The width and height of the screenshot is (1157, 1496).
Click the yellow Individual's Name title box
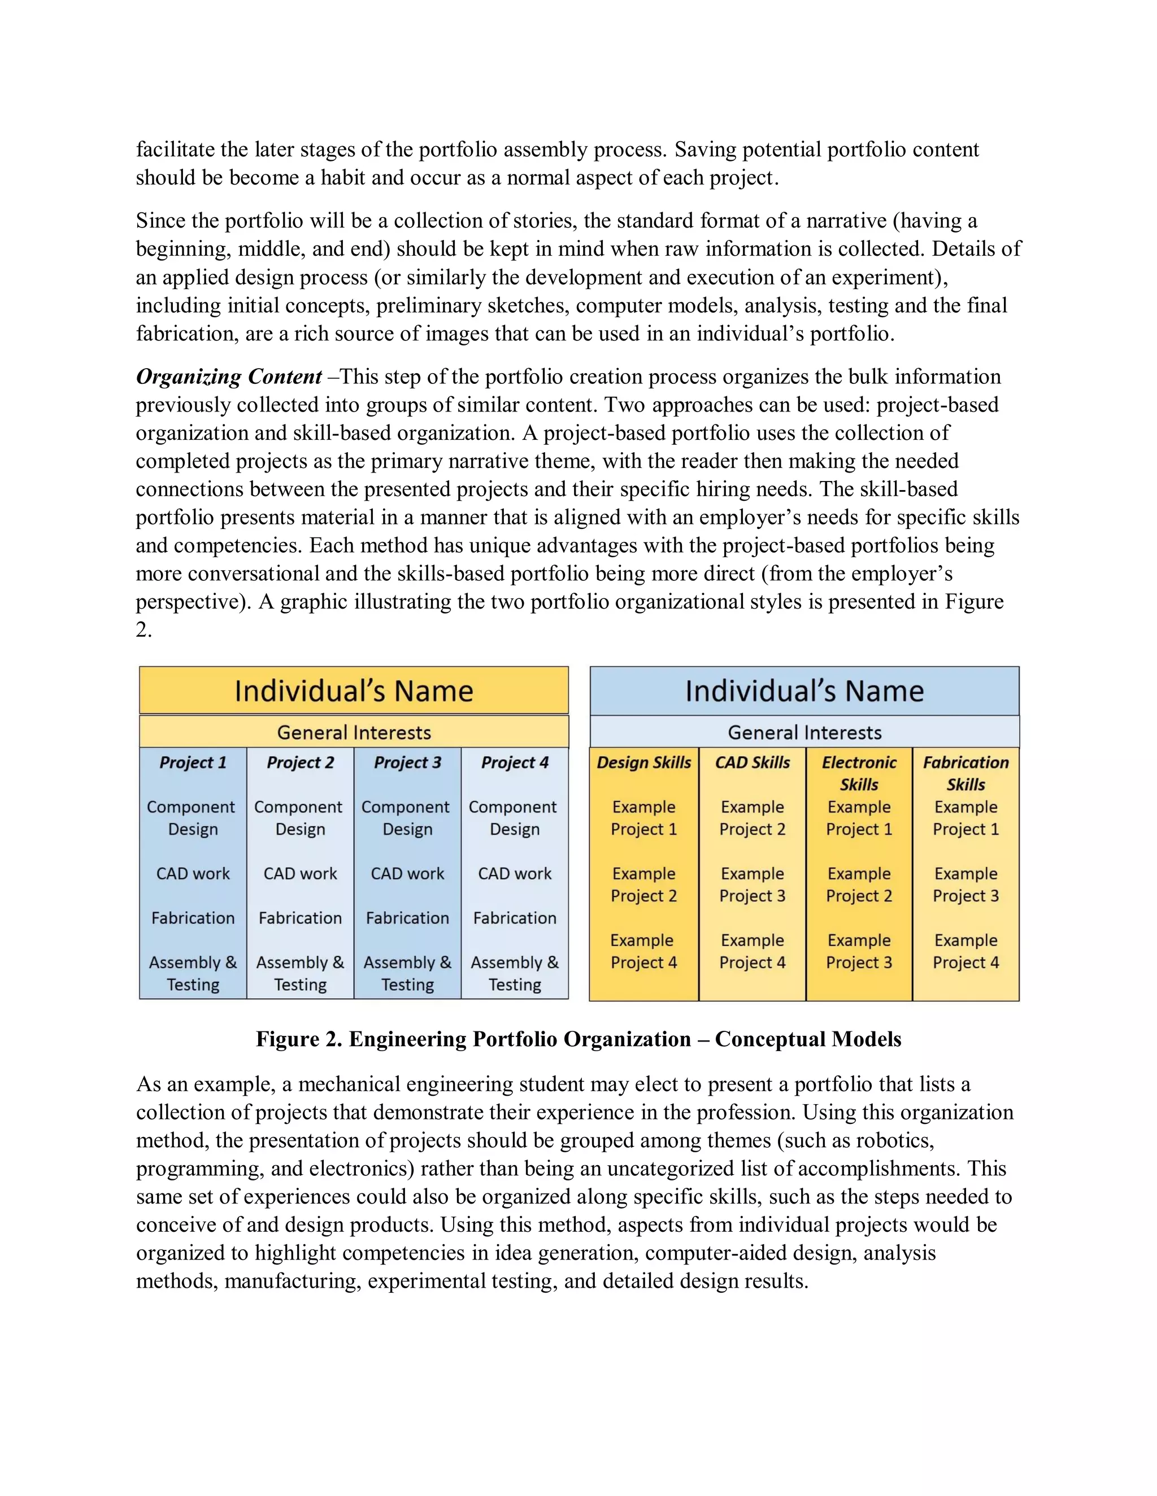tap(354, 690)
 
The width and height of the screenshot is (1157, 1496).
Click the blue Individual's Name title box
tap(804, 690)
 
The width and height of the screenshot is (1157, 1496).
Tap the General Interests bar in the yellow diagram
tap(354, 732)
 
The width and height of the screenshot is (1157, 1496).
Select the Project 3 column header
tap(407, 762)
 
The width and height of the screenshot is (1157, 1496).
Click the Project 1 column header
tap(193, 762)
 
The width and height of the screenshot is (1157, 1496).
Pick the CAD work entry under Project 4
tap(514, 873)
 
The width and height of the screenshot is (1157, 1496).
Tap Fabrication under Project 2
tap(299, 918)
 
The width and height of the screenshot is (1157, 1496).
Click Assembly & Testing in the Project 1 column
tap(193, 973)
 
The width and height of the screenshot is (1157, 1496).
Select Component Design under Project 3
tap(407, 818)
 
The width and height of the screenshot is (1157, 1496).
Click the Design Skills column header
tap(643, 762)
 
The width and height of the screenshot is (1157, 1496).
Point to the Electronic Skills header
tap(859, 773)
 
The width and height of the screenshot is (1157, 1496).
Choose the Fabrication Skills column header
tap(965, 773)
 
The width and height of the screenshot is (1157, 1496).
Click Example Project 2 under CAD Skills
tap(752, 818)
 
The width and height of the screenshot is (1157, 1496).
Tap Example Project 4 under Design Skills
tap(643, 951)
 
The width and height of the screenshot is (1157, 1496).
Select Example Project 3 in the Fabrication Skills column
tap(965, 884)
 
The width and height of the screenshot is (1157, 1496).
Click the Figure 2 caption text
tap(578, 1039)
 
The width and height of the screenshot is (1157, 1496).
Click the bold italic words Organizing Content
tap(228, 377)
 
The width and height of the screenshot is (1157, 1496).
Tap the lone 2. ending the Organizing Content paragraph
tap(143, 629)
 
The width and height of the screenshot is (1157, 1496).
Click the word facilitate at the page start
tap(180, 150)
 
